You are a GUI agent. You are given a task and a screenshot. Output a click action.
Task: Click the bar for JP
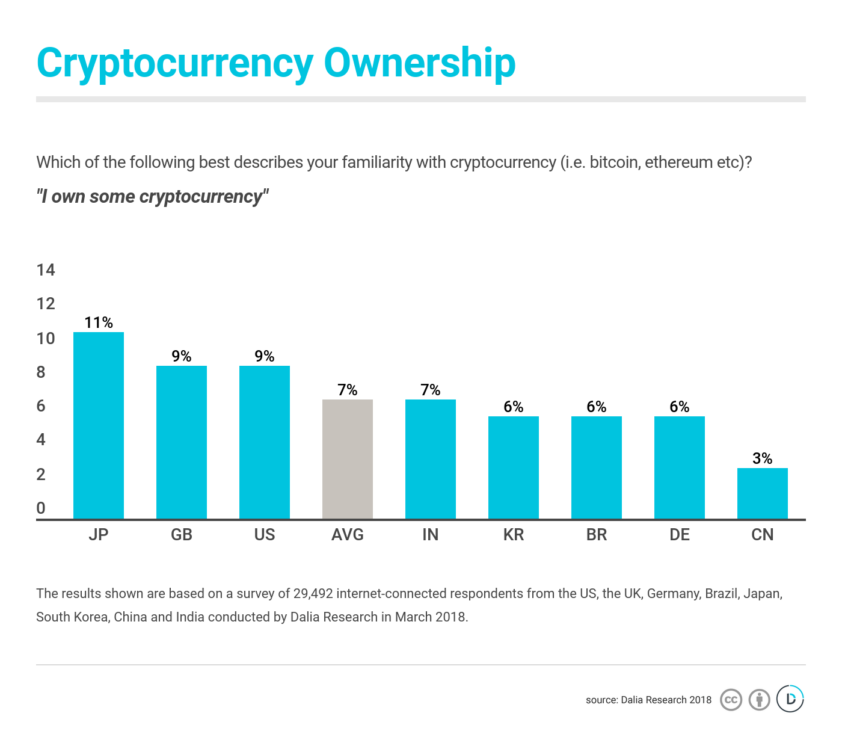pos(99,425)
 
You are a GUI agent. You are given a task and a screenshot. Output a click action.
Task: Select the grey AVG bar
pos(348,459)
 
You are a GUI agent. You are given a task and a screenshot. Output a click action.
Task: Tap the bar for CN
pos(763,493)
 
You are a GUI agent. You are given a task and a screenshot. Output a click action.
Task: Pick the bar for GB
pos(182,442)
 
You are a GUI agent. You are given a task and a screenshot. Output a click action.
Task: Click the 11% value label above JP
pos(99,322)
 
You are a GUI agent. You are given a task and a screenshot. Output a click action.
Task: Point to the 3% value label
pos(763,458)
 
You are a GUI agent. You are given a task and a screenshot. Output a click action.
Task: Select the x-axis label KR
pos(514,535)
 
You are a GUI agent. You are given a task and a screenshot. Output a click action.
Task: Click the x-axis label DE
pos(680,535)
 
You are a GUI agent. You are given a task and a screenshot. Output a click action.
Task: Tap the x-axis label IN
pos(431,535)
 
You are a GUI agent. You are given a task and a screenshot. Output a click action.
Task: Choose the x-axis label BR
pos(597,535)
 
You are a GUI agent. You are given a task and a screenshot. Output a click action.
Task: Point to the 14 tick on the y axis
pos(46,270)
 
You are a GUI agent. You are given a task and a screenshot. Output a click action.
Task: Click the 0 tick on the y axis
pos(41,508)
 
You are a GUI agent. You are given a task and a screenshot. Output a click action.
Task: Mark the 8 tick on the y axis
pos(41,372)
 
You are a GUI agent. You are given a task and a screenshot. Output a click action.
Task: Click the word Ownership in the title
pos(420,63)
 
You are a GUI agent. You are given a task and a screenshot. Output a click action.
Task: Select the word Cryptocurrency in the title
pos(175,63)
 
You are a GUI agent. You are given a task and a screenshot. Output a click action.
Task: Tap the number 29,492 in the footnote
pos(313,594)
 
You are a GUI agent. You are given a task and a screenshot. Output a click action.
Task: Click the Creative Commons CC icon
pos(731,700)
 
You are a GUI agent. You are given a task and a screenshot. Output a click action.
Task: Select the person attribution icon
pos(760,700)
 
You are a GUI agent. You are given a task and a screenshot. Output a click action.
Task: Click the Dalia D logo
pos(790,699)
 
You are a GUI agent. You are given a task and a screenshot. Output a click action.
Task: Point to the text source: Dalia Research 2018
pos(648,700)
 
